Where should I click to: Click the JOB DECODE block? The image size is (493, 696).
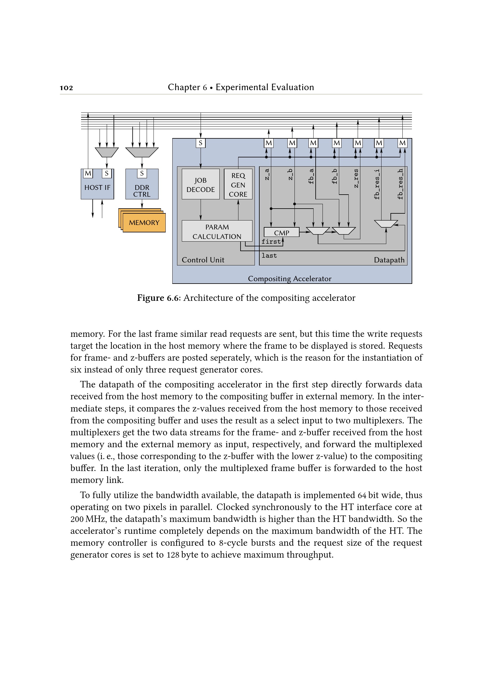point(200,184)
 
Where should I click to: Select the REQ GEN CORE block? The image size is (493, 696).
point(238,184)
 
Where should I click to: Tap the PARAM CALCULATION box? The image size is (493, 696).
point(217,231)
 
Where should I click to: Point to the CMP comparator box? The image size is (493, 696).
point(281,232)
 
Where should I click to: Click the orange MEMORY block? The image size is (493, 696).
point(144,223)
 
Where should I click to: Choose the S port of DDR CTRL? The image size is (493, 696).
point(142,173)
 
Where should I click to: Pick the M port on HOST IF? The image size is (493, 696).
point(88,173)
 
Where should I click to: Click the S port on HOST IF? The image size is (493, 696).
point(106,173)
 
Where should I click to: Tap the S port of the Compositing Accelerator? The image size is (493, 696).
point(200,143)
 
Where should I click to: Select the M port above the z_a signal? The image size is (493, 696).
point(269,143)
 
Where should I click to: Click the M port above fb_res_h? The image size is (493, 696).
point(402,143)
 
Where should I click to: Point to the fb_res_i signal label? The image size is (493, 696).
point(377,184)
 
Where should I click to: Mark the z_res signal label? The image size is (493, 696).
point(356,178)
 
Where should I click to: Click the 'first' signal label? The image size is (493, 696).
point(271,242)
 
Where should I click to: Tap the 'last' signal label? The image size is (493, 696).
point(269,256)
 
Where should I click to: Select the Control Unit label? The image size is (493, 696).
point(203,260)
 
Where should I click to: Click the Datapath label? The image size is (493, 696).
point(389,260)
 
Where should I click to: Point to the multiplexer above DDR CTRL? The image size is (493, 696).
point(142,152)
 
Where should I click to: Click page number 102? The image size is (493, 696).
point(66,88)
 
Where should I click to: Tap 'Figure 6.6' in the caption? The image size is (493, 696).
point(159,298)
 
